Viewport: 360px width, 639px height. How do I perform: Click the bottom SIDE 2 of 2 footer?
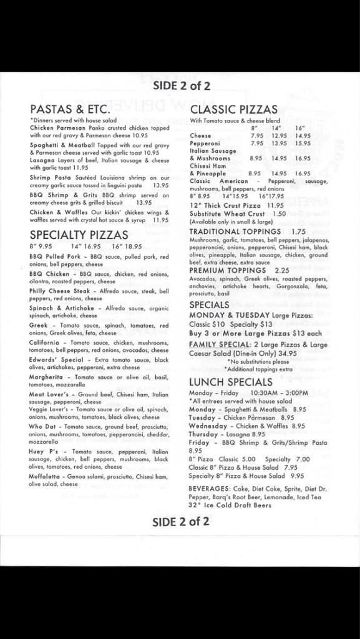(181, 522)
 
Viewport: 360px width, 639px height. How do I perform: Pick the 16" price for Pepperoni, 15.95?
(303, 143)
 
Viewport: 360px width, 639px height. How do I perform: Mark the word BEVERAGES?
(210, 472)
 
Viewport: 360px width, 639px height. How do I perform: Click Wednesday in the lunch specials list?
(210, 426)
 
